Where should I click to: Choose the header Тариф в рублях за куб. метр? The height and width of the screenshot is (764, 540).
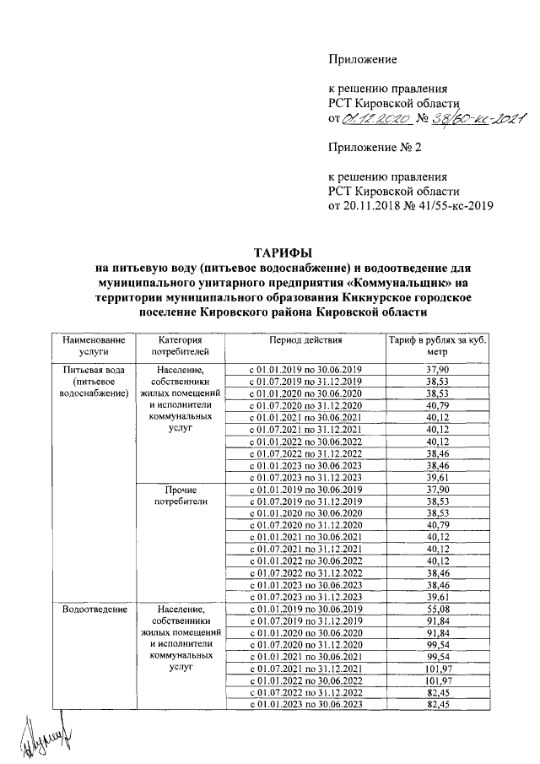pyautogui.click(x=437, y=346)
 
